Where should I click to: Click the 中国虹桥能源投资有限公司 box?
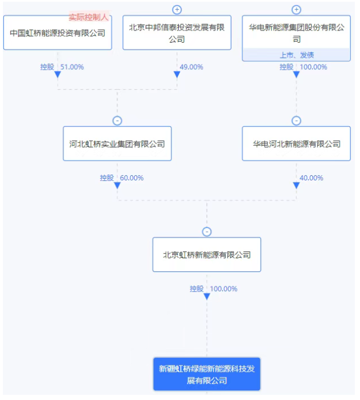pyautogui.click(x=58, y=33)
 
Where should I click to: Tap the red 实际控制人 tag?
pyautogui.click(x=89, y=17)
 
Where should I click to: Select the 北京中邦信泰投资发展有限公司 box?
pyautogui.click(x=177, y=33)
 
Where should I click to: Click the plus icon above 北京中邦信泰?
pyautogui.click(x=177, y=10)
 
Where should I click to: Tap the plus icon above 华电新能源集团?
pyautogui.click(x=296, y=10)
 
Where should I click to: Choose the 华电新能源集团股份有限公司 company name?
pyautogui.click(x=297, y=33)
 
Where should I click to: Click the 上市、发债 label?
pyautogui.click(x=297, y=55)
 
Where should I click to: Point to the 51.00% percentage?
pyautogui.click(x=72, y=67)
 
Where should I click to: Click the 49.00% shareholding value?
pyautogui.click(x=191, y=67)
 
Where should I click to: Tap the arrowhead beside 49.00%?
pyautogui.click(x=177, y=74)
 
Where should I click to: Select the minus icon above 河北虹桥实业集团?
pyautogui.click(x=118, y=120)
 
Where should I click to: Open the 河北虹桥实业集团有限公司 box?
pyautogui.click(x=118, y=144)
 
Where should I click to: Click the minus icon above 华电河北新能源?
pyautogui.click(x=296, y=120)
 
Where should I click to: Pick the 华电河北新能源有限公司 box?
pyautogui.click(x=296, y=144)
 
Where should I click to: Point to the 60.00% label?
pyautogui.click(x=132, y=178)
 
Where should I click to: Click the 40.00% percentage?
pyautogui.click(x=311, y=178)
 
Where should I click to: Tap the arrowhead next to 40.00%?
pyautogui.click(x=296, y=185)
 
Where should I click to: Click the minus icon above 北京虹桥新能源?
pyautogui.click(x=207, y=232)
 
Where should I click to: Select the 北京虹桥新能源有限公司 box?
pyautogui.click(x=207, y=255)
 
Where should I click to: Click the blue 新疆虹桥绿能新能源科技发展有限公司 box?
pyautogui.click(x=207, y=374)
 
